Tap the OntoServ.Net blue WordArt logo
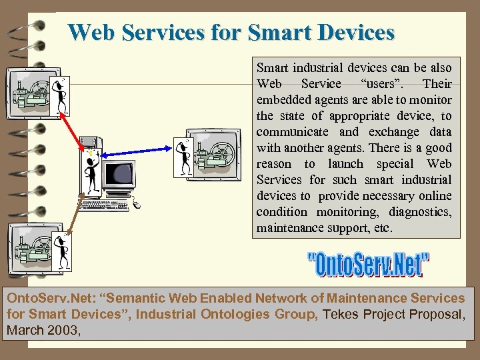[369, 263]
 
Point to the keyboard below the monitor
[114, 203]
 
